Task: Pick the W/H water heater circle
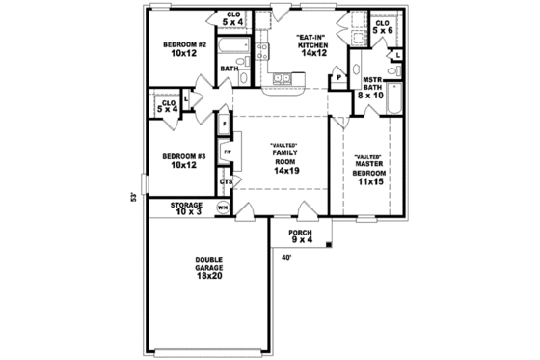click(x=223, y=208)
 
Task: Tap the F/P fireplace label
click(x=227, y=152)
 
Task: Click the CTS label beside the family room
click(x=226, y=181)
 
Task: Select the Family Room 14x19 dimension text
click(x=286, y=169)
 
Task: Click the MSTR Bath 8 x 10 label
click(x=371, y=90)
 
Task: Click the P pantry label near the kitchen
click(x=338, y=77)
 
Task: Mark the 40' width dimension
click(x=286, y=257)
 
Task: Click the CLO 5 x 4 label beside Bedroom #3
click(x=168, y=105)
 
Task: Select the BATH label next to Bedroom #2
click(x=229, y=69)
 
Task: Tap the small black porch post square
click(x=329, y=245)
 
